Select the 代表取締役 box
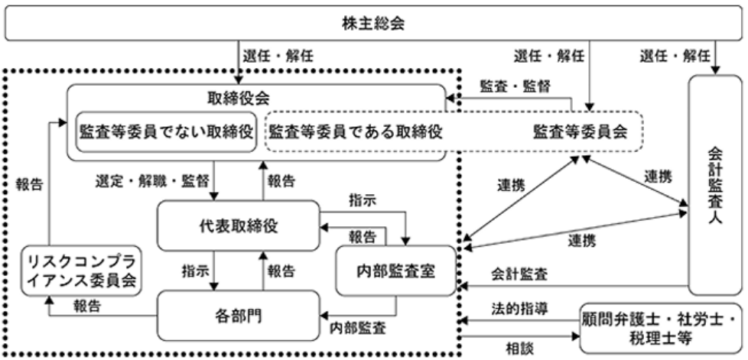coord(236,226)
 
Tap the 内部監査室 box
coord(396,271)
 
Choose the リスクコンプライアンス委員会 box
coord(80,270)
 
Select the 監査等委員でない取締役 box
coord(165,131)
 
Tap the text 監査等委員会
coord(580,131)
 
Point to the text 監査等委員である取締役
coord(357,131)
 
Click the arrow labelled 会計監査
coord(574,285)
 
